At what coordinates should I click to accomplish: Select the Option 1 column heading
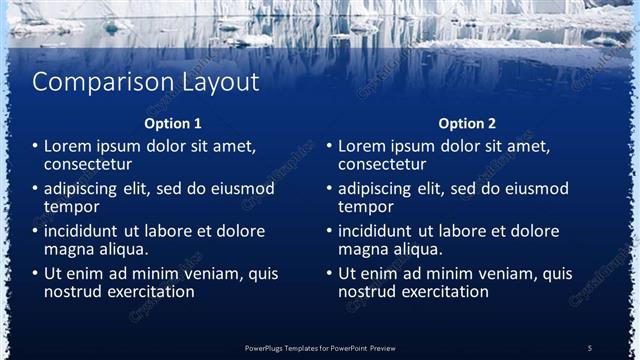173,124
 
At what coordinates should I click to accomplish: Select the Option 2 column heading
467,124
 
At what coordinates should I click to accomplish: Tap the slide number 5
590,347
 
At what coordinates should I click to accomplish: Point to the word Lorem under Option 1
69,146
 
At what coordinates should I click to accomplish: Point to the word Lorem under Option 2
363,146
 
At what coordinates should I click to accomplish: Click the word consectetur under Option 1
89,164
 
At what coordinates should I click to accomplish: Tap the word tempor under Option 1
71,207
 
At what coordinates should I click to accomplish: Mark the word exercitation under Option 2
442,292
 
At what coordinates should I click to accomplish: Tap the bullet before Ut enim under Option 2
329,273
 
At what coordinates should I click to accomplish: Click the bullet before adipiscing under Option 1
35,188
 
